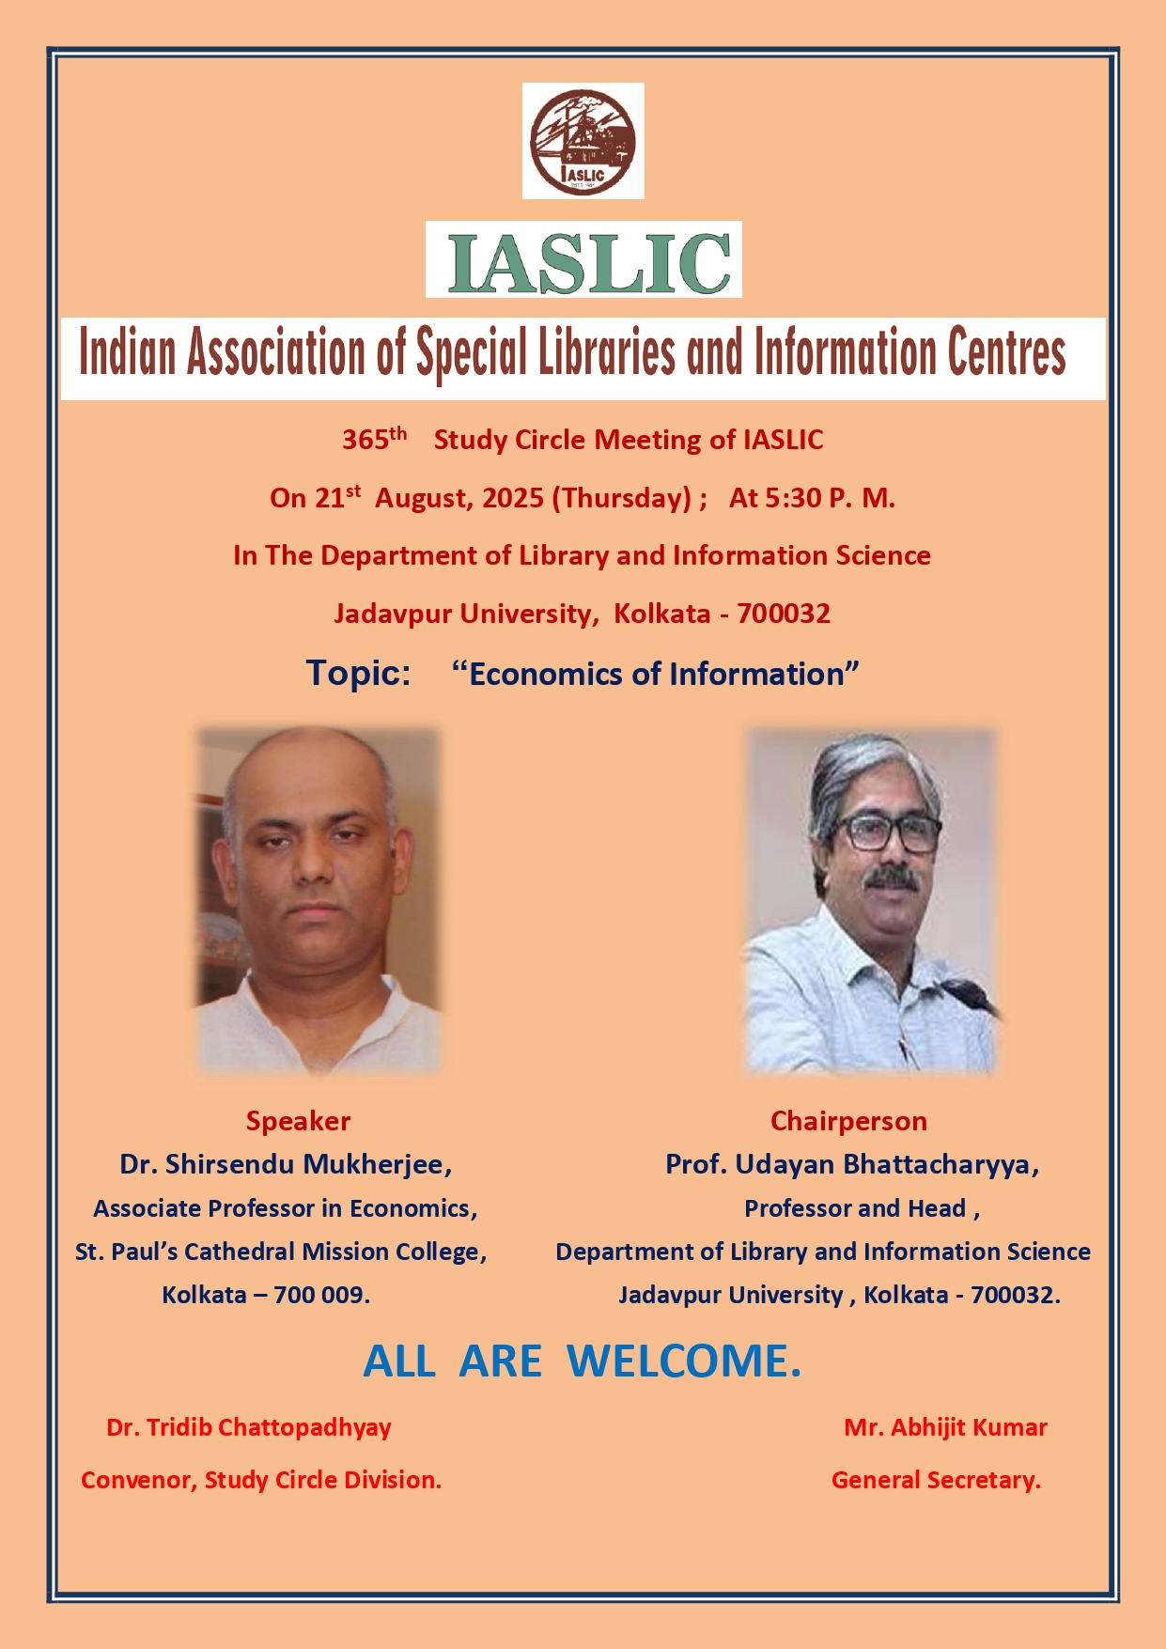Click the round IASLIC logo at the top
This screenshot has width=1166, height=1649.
point(583,141)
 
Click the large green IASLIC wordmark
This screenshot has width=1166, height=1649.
point(589,261)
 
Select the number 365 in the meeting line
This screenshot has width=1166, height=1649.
point(365,440)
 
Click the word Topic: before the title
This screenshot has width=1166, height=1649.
point(359,674)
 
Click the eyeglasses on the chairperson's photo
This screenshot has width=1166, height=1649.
point(887,832)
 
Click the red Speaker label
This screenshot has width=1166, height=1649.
point(298,1121)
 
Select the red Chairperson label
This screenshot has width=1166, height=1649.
point(848,1121)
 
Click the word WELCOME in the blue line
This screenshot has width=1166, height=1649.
point(684,1361)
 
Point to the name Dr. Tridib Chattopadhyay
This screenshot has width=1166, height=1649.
point(249,1428)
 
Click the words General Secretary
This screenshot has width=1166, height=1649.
point(936,1481)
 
